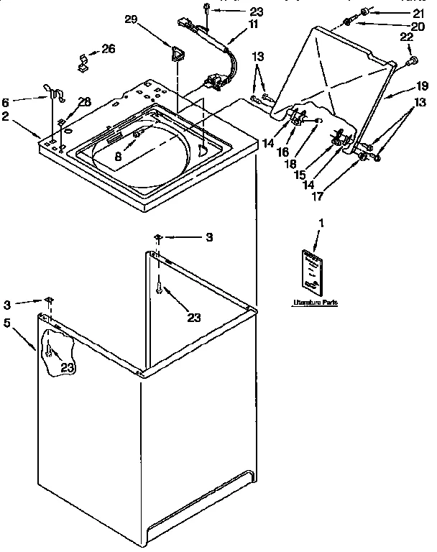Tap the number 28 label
85,102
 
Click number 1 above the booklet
321,224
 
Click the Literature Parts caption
314,303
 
